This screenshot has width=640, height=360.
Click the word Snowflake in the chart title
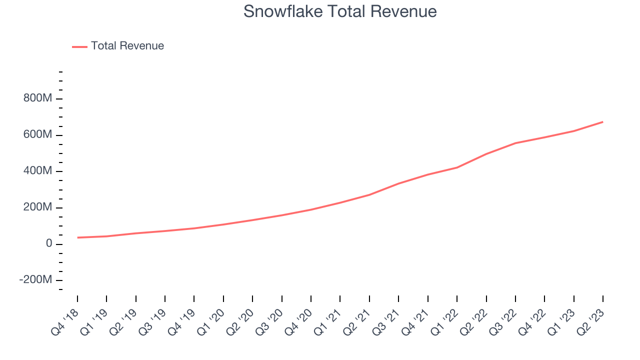click(283, 11)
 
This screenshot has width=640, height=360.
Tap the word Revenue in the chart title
click(403, 11)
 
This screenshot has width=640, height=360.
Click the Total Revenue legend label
click(127, 45)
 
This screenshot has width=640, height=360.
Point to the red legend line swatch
click(79, 47)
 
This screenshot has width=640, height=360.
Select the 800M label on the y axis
click(37, 98)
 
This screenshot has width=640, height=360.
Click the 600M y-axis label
click(37, 134)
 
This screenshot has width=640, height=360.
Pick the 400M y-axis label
click(37, 170)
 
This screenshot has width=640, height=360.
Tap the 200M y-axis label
click(37, 207)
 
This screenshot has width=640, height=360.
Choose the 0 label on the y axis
click(49, 243)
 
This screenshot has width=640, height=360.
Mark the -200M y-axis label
click(35, 279)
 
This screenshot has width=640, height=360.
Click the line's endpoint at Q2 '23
click(603, 122)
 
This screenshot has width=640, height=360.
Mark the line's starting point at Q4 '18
click(77, 237)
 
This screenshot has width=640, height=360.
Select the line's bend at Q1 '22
click(457, 167)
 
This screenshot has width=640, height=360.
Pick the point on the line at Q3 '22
click(515, 143)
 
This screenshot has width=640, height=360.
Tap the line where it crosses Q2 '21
click(369, 195)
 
